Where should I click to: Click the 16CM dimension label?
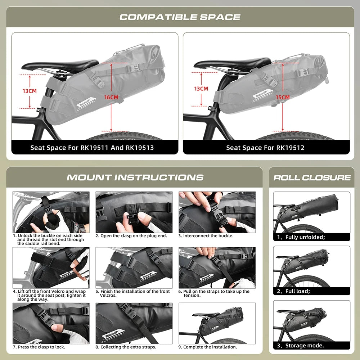pyautogui.click(x=111, y=98)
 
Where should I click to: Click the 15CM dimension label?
pyautogui.click(x=283, y=98)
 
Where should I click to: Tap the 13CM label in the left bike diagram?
pyautogui.click(x=30, y=91)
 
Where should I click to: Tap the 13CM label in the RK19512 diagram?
pyautogui.click(x=201, y=89)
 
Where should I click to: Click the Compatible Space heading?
pyautogui.click(x=180, y=17)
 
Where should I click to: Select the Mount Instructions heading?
pyautogui.click(x=135, y=177)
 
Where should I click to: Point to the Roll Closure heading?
pyautogui.click(x=312, y=177)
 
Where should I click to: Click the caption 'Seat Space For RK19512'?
pyautogui.click(x=265, y=148)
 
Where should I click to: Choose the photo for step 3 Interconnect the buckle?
pyautogui.click(x=217, y=212)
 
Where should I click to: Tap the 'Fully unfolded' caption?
pyautogui.click(x=305, y=237)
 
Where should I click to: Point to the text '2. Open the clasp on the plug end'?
pyautogui.click(x=131, y=236)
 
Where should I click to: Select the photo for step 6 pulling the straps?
pyautogui.click(x=217, y=267)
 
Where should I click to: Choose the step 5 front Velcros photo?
pyautogui.click(x=134, y=267)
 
